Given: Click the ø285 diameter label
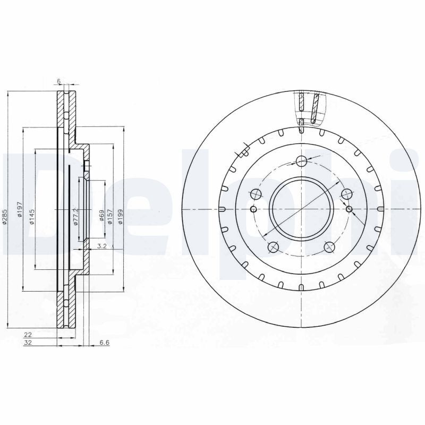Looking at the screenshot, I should [x=4, y=217].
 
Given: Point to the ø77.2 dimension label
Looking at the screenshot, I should [x=76, y=217].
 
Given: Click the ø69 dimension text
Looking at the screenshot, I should [x=100, y=217].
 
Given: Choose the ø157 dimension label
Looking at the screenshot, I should [x=110, y=217].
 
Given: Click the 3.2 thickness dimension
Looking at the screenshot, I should [x=103, y=246].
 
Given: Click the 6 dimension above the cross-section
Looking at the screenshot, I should [x=59, y=81].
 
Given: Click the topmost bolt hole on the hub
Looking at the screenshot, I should [x=302, y=161].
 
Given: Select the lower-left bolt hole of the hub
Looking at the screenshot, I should [x=274, y=246].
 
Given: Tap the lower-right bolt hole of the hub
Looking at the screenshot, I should [x=329, y=246].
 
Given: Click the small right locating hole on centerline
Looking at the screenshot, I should [x=349, y=208].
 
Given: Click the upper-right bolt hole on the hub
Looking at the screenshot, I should [x=346, y=194].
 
